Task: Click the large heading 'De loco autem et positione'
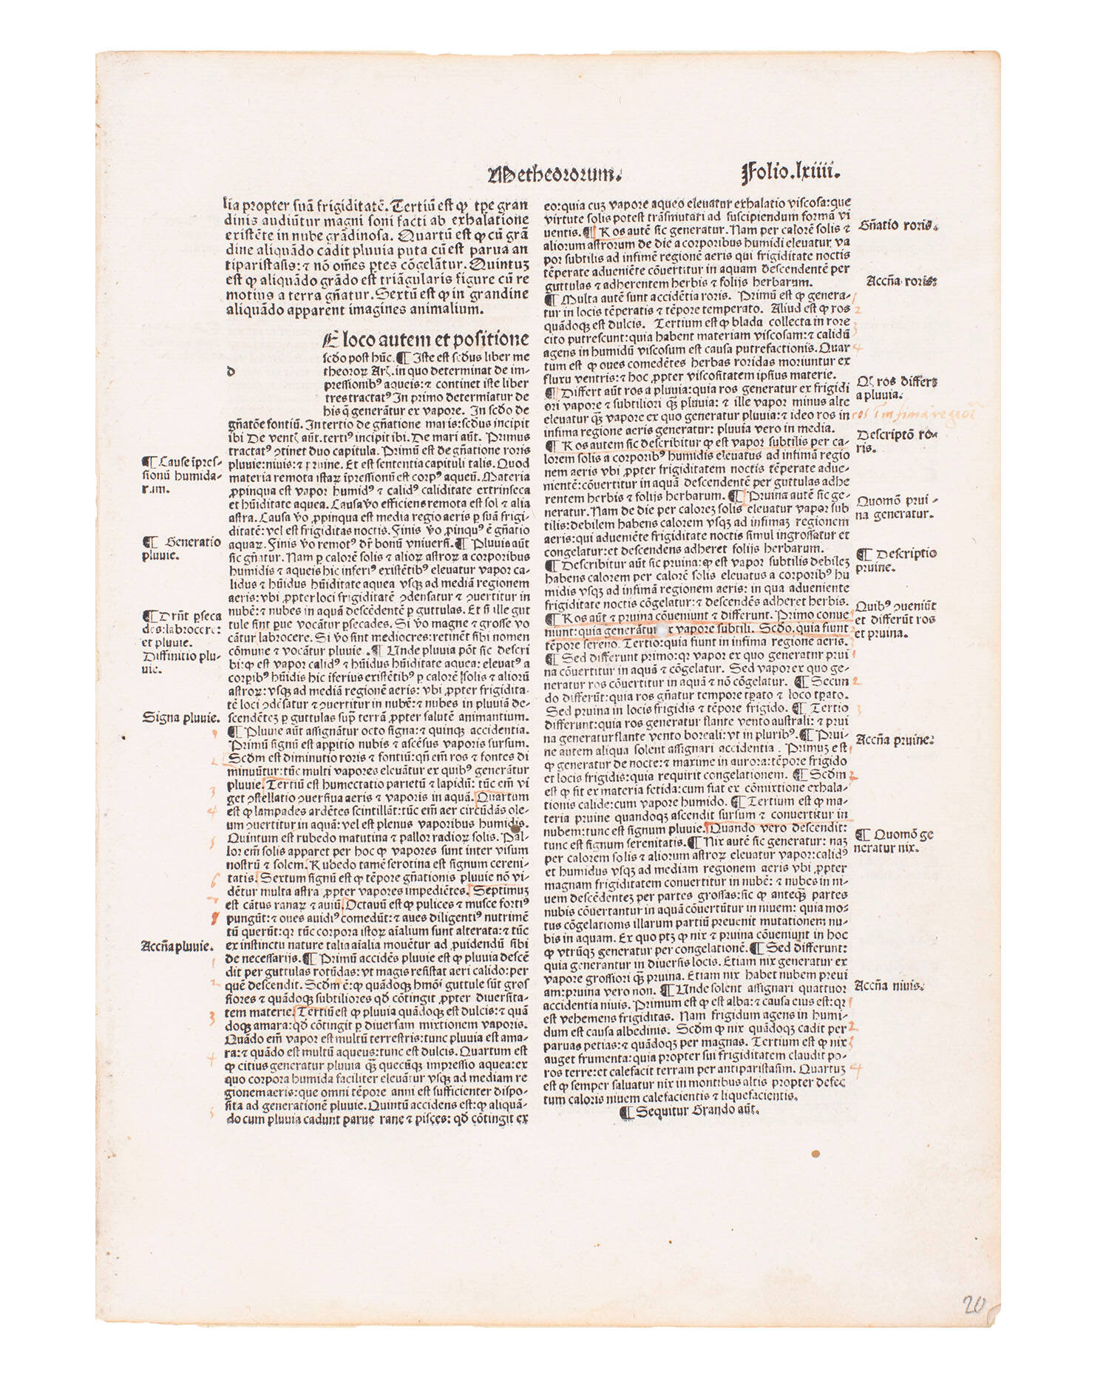tap(426, 340)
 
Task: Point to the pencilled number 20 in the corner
tap(974, 1305)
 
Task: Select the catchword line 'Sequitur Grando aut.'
tap(692, 1111)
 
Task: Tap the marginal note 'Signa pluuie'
tap(180, 716)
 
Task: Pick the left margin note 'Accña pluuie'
tap(177, 945)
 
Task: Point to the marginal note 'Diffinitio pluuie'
tap(180, 662)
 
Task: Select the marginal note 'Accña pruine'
tap(895, 739)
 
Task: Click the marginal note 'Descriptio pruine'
tap(895, 560)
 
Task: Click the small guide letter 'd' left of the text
tap(231, 372)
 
